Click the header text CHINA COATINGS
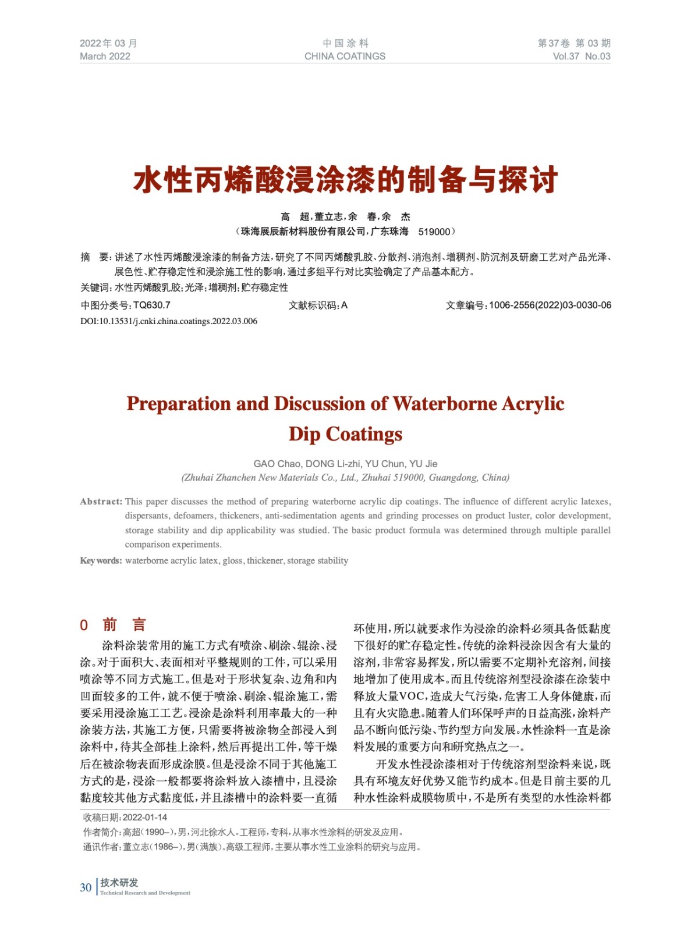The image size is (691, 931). pos(345,56)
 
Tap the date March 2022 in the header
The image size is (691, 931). pos(105,56)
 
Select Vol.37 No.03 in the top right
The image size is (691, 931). pos(581,56)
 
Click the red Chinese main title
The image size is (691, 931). pos(345,180)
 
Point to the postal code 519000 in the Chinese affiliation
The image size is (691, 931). pos(434,232)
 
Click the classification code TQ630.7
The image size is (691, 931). pos(151,305)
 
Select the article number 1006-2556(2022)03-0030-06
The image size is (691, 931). pos(550,305)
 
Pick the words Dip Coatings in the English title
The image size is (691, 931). pos(345,434)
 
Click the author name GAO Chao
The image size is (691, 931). pos(277,464)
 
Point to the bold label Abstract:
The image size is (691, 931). pos(101,502)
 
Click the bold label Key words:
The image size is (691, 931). pos(101,561)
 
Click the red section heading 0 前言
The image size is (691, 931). pos(113,625)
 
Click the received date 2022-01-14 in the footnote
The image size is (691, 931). pos(144,818)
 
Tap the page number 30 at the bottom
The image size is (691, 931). pos(86,887)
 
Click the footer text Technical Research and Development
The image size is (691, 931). pos(145,893)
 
